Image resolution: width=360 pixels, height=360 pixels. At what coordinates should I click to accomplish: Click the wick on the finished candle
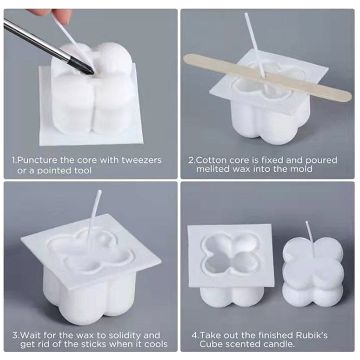click(x=309, y=235)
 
